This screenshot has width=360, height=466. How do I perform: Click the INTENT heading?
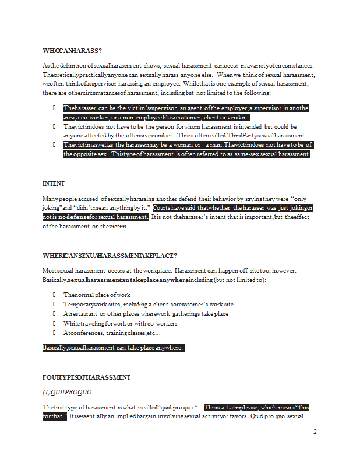coord(54,183)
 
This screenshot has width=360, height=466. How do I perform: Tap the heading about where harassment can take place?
coord(110,256)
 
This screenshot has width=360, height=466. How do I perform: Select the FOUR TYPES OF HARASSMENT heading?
coord(86,377)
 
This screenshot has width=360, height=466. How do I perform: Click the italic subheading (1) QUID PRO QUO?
coord(68,391)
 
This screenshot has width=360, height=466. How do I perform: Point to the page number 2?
coord(315,432)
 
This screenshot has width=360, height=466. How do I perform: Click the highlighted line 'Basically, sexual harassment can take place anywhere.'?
coord(113,348)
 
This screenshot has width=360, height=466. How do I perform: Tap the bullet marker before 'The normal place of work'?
coord(54,295)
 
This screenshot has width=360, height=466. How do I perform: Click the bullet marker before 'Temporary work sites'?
coord(54,305)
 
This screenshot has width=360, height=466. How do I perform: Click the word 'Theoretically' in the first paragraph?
coord(61,75)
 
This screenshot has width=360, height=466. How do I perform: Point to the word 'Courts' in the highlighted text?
coord(164,208)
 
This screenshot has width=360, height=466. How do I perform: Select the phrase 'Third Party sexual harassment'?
coord(263,136)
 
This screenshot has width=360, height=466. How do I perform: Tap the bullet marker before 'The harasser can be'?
coord(54,108)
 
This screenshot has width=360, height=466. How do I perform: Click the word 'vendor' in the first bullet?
coord(237,117)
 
